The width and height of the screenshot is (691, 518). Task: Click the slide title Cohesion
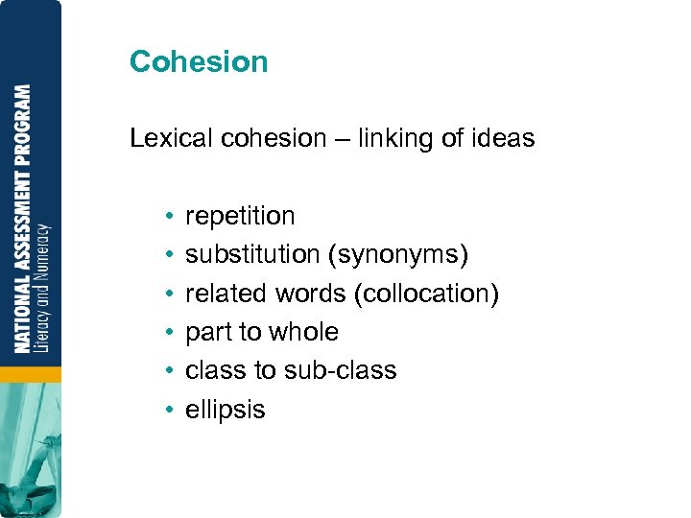pyautogui.click(x=199, y=61)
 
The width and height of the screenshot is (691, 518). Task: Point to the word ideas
pyautogui.click(x=502, y=138)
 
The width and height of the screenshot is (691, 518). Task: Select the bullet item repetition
pyautogui.click(x=240, y=216)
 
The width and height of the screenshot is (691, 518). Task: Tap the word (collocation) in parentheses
pyautogui.click(x=426, y=294)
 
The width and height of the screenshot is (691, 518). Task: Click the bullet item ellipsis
pyautogui.click(x=225, y=410)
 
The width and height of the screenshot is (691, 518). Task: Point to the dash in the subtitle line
pyautogui.click(x=342, y=139)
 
